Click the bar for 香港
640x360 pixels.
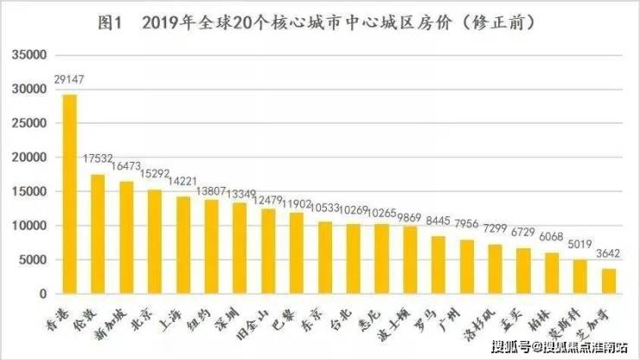point(70,195)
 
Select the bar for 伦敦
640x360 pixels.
point(98,235)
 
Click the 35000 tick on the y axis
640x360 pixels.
point(30,55)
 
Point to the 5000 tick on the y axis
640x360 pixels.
point(34,260)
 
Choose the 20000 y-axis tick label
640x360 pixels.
point(30,157)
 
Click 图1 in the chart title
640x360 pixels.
point(112,23)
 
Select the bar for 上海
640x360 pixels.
point(183,246)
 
